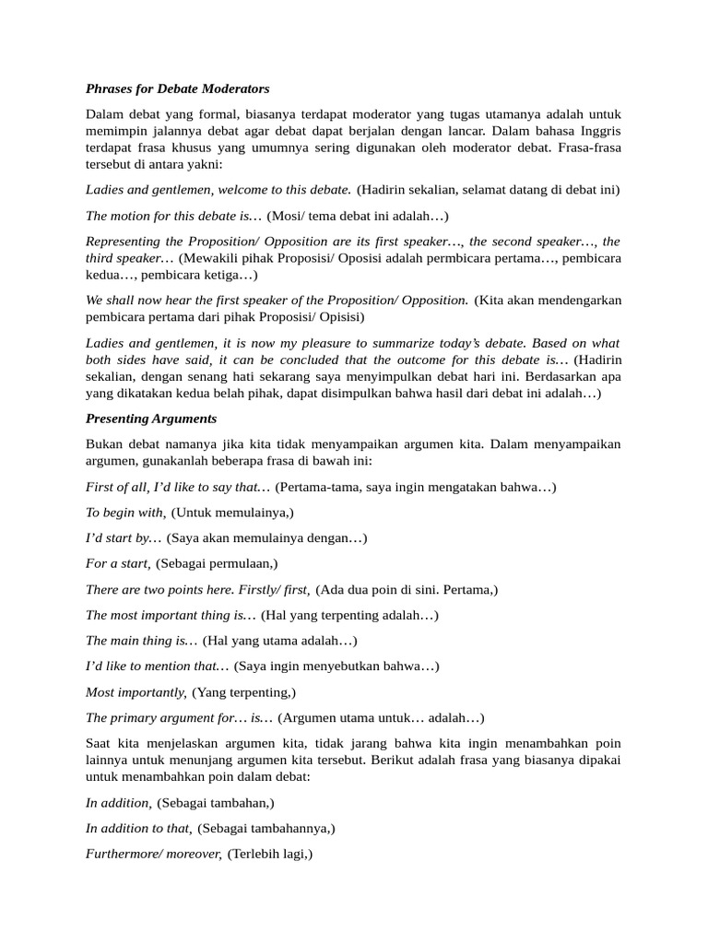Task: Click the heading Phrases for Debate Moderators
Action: (177, 89)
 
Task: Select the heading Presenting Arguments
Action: (151, 419)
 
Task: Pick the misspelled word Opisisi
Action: (340, 317)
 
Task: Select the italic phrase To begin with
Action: (125, 513)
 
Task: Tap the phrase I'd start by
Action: (124, 538)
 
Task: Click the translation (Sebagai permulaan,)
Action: (217, 563)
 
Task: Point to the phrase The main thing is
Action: (141, 640)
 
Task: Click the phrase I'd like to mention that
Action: (157, 666)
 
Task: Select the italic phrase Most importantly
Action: (136, 691)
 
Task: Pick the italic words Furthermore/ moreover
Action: (153, 854)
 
